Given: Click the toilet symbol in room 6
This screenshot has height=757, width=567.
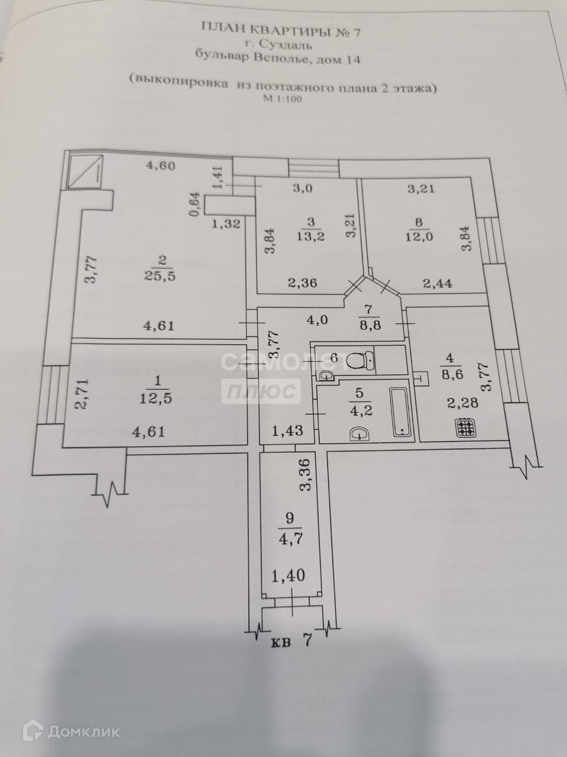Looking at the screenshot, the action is [360, 360].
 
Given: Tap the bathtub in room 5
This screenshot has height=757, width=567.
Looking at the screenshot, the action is [400, 412].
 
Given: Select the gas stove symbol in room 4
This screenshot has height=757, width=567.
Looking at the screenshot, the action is [465, 428].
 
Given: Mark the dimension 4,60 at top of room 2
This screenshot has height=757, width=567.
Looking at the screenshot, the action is [161, 166].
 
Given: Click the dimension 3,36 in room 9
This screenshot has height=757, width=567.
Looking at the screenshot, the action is [305, 476].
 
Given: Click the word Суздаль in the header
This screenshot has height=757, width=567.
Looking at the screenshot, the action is [289, 44].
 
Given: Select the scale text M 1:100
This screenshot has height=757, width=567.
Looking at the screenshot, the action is [282, 99].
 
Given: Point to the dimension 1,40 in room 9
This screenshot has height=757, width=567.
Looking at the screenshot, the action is [289, 574].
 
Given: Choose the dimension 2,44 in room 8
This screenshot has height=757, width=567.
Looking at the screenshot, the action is [438, 283].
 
